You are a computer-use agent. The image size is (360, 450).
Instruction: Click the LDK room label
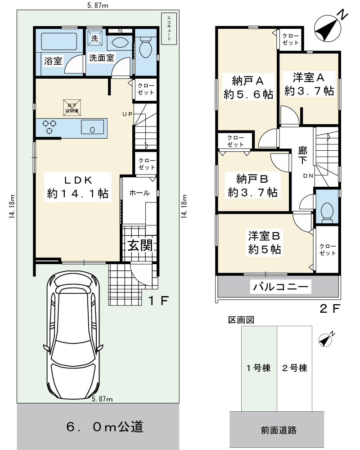tap(77, 187)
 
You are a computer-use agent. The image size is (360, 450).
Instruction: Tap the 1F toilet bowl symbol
tap(145, 48)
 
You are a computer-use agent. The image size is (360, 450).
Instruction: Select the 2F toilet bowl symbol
tap(327, 212)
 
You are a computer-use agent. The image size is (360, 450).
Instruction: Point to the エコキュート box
tap(169, 28)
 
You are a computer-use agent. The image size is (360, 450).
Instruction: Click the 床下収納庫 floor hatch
tap(72, 108)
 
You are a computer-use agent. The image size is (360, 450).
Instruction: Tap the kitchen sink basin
tap(92, 127)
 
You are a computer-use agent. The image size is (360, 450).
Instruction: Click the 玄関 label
tap(140, 245)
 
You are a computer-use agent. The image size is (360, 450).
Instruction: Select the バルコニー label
tap(280, 286)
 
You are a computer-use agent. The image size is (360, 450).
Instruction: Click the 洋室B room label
tap(264, 242)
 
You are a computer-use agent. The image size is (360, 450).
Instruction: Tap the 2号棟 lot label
tap(295, 368)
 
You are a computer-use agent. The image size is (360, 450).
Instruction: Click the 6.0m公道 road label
tap(105, 427)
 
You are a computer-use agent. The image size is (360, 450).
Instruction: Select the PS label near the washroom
tap(120, 31)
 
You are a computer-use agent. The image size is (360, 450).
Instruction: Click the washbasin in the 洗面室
tap(118, 43)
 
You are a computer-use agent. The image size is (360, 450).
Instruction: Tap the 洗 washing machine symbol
tap(95, 38)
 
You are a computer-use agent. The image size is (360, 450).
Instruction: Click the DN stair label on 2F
tap(308, 175)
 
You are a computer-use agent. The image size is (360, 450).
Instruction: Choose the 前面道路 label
tap(279, 430)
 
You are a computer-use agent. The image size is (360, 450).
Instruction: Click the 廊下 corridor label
tap(302, 155)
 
